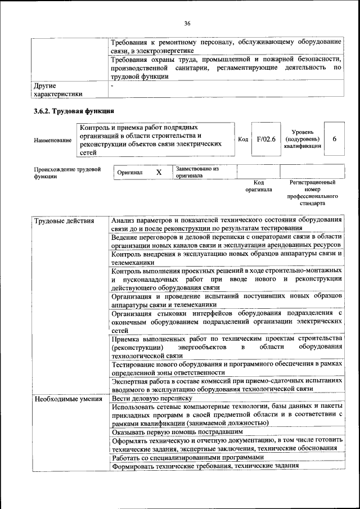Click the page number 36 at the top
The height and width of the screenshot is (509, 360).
click(x=187, y=23)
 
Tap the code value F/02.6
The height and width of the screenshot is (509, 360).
click(x=265, y=139)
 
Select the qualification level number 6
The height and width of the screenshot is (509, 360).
click(x=335, y=139)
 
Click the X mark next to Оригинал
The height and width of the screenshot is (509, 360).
click(x=159, y=173)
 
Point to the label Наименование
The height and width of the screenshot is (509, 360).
click(x=53, y=139)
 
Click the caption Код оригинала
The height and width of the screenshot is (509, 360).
click(x=258, y=186)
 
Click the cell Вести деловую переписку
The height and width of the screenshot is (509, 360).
click(x=152, y=399)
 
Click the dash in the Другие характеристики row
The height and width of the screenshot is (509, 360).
click(x=112, y=86)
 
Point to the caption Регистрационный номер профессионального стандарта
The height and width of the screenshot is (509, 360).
click(x=312, y=193)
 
